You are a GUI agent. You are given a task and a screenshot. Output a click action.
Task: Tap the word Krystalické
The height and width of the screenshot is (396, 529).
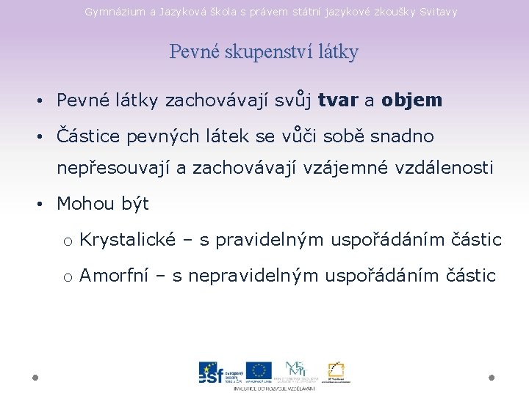[x=128, y=240]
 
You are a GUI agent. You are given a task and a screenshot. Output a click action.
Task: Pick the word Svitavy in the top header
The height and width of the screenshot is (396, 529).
[x=436, y=12]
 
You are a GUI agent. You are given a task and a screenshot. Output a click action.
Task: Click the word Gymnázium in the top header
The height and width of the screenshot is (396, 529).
[x=109, y=12]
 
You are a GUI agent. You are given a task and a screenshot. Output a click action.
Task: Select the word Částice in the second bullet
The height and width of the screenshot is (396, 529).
[x=84, y=136]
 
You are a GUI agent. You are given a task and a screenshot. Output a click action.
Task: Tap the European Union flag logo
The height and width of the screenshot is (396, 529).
[x=259, y=371]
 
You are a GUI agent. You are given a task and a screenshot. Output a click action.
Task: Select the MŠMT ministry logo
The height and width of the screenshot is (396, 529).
[x=295, y=370]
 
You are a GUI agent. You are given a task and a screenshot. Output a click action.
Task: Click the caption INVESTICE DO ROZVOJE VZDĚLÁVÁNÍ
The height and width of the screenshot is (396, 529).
[x=274, y=388]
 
